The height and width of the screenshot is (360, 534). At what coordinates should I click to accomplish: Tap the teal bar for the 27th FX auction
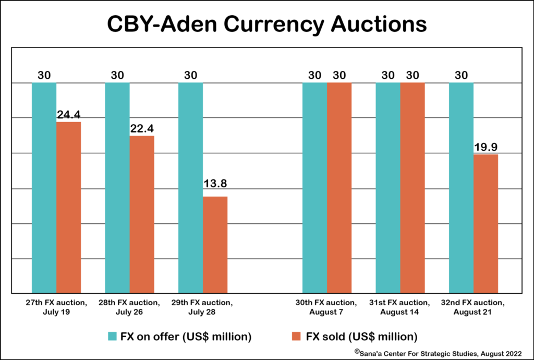coord(44,188)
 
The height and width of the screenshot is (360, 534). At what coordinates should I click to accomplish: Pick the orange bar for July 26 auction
coord(142,214)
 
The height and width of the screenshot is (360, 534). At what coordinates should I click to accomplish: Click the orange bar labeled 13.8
coord(215,245)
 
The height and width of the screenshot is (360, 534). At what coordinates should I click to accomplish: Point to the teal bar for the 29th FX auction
coord(190,188)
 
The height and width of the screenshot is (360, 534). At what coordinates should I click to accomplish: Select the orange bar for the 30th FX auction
coord(339,188)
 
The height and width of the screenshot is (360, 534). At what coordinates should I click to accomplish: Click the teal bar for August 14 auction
coord(388,188)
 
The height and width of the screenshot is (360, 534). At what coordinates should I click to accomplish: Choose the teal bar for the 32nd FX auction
coord(461,188)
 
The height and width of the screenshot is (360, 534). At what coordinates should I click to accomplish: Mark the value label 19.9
coord(486,147)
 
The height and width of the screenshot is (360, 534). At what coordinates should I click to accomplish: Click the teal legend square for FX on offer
coord(112,337)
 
